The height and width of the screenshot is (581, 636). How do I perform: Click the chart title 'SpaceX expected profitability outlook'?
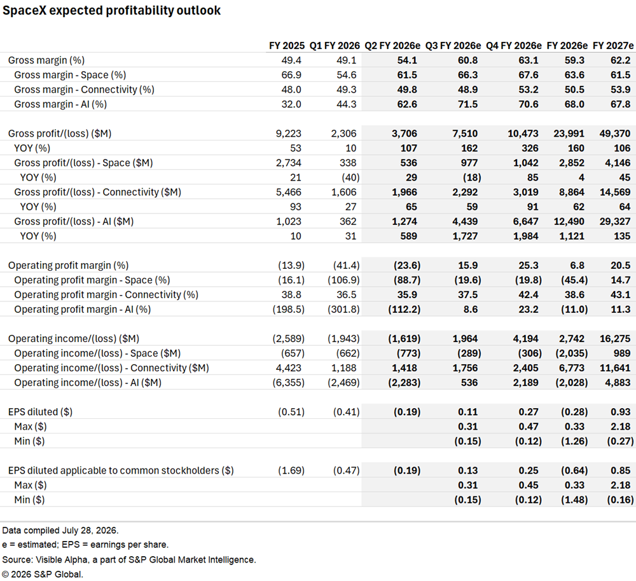(x=111, y=11)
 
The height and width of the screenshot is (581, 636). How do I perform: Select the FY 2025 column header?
(x=286, y=46)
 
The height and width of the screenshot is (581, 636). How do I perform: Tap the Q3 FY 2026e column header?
(x=453, y=46)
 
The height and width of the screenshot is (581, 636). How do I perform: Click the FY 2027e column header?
(x=612, y=46)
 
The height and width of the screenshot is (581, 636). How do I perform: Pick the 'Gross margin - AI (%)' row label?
(x=60, y=104)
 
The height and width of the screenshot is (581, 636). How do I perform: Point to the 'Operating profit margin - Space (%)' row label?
(x=92, y=280)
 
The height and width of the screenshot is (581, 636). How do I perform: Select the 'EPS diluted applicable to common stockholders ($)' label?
(x=121, y=470)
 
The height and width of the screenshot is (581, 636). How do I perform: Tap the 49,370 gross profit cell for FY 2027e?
(x=615, y=133)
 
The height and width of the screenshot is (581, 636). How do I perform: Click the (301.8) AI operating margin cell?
(x=343, y=310)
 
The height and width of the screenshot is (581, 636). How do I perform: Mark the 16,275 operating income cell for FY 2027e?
(x=615, y=339)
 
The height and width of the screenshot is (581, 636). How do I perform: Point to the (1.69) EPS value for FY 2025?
(x=291, y=470)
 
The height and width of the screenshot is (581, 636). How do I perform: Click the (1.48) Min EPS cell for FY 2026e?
(x=574, y=500)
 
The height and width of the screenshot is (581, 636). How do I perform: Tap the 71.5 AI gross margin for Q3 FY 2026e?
(x=467, y=104)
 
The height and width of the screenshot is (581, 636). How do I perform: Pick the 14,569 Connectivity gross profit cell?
(x=615, y=192)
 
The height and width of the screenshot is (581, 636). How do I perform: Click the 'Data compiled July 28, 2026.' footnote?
(x=60, y=530)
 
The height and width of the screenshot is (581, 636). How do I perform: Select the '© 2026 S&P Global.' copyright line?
(x=43, y=574)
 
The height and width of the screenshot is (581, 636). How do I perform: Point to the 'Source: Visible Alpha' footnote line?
(x=129, y=559)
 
